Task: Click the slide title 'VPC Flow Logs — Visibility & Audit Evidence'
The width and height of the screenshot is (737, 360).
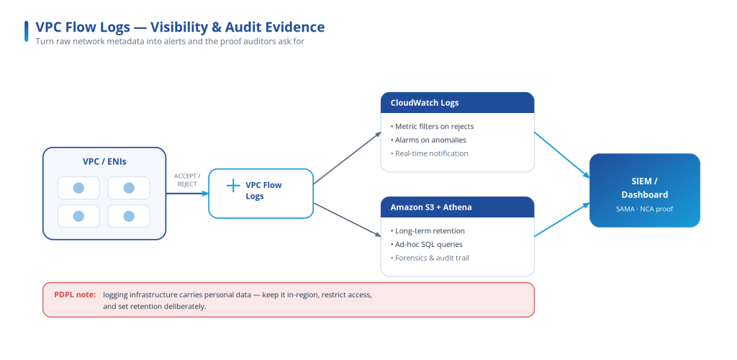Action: click(x=180, y=27)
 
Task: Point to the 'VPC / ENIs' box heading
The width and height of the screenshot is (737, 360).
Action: click(x=104, y=162)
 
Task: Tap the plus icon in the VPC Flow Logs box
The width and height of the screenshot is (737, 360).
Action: click(x=233, y=186)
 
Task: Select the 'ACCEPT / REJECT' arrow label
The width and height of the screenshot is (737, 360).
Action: click(x=187, y=180)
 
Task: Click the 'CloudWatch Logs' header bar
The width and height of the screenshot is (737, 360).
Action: click(x=457, y=102)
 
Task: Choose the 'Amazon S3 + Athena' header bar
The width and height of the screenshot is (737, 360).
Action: click(x=457, y=207)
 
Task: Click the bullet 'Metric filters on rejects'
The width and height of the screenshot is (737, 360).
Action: click(x=432, y=127)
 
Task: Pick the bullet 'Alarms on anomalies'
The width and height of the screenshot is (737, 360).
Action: click(x=428, y=140)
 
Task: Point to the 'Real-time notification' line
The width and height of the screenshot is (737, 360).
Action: click(x=429, y=153)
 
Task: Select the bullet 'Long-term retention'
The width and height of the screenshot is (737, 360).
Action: click(x=428, y=230)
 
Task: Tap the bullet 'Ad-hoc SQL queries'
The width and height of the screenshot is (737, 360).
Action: click(x=426, y=244)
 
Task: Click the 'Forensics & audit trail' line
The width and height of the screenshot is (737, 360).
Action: click(x=430, y=258)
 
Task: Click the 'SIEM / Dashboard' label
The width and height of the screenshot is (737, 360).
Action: click(x=644, y=188)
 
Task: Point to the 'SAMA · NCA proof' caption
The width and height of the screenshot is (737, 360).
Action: click(x=644, y=209)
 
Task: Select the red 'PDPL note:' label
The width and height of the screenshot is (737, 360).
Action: click(x=75, y=294)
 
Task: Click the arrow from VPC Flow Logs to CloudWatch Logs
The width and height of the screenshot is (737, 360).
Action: click(x=347, y=158)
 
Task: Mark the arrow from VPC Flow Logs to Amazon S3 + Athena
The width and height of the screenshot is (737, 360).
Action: click(x=347, y=220)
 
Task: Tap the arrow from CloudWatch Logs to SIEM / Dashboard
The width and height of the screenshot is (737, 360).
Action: click(x=562, y=155)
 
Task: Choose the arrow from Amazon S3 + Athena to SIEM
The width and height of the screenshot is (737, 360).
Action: click(x=562, y=220)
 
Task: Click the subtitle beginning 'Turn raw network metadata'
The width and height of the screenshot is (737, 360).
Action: click(x=170, y=41)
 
